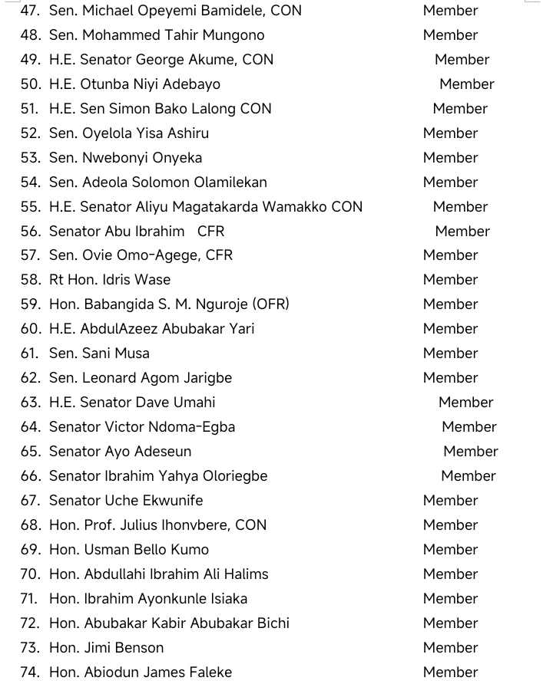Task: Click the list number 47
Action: point(30,11)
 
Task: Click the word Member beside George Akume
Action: point(462,60)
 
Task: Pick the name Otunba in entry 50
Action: point(107,84)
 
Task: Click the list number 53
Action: point(30,158)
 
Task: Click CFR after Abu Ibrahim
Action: point(210,232)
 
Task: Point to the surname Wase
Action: point(152,280)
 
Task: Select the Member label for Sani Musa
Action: point(450,354)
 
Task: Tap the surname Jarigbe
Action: point(204,378)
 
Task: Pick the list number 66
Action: point(30,476)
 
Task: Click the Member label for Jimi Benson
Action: point(450,648)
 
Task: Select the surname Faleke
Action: point(208,672)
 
